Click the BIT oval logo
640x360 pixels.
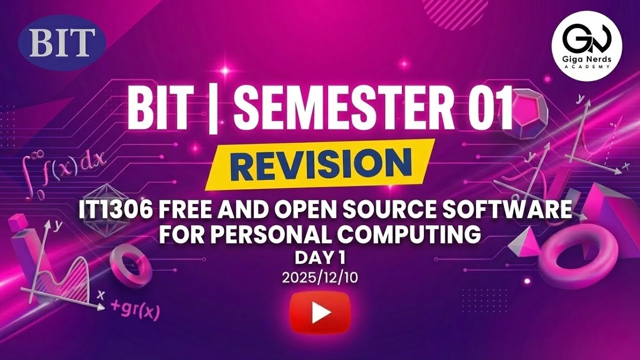point(62,42)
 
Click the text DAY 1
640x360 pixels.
point(320,258)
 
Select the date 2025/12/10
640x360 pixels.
point(320,278)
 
